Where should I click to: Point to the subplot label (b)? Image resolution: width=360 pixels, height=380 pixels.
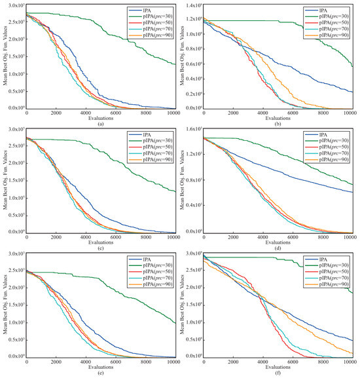(x=278, y=123)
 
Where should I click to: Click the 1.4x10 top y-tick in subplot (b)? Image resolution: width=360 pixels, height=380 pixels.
(x=190, y=6)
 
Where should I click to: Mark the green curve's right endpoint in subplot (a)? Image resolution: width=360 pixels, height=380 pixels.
(x=175, y=64)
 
